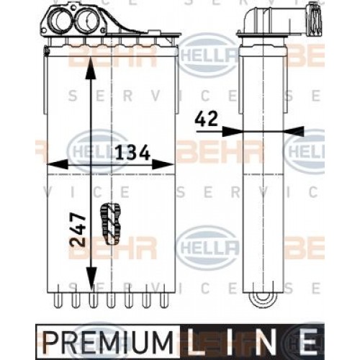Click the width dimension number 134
click(132, 153)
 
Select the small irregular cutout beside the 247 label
click(112, 223)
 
